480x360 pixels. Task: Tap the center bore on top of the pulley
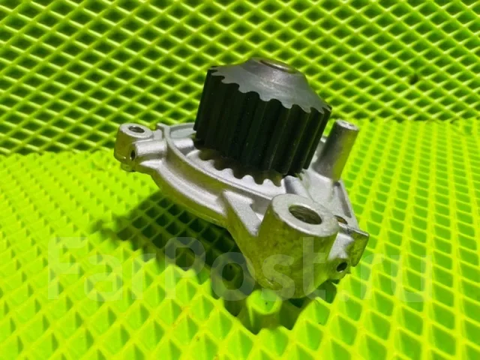coord(277,66)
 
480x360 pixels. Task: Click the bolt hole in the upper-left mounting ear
coord(136,130)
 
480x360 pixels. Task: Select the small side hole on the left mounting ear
coord(132,155)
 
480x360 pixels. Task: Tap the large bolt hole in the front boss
coord(305,214)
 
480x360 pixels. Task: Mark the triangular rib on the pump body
coord(241,208)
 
